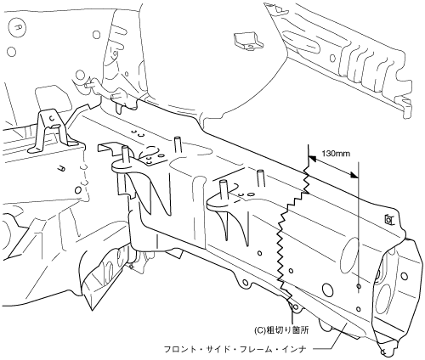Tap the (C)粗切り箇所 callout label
(285, 330)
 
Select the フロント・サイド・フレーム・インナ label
(235, 349)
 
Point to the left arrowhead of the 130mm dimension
(313, 159)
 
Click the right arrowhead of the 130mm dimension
(354, 176)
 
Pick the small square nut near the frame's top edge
(388, 219)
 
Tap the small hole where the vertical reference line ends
(359, 286)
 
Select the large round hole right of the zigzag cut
(328, 290)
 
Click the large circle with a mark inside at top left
(18, 27)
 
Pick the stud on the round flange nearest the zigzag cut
(224, 190)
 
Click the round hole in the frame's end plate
(405, 275)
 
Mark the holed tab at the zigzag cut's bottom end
(295, 307)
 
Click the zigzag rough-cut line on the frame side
(292, 232)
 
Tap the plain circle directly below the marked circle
(11, 52)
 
